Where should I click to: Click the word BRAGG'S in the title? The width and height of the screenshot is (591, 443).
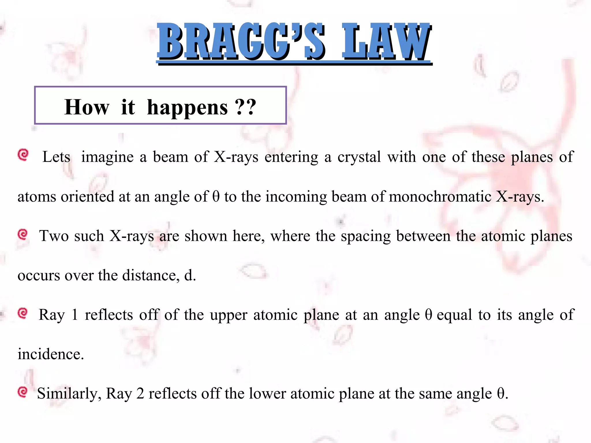(241, 42)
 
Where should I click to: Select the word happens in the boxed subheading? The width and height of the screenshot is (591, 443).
(187, 107)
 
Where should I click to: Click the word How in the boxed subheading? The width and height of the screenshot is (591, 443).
(87, 107)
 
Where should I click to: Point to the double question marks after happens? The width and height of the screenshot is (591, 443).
(245, 107)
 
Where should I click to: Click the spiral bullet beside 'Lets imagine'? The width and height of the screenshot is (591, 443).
(23, 155)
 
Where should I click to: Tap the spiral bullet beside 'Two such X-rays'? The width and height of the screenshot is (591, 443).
(23, 234)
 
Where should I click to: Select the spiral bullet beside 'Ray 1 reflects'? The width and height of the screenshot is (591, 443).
(23, 313)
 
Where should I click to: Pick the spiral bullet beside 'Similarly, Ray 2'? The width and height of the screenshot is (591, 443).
(23, 392)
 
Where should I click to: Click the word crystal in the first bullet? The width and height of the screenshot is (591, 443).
(359, 157)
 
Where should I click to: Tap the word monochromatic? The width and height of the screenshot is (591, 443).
(440, 197)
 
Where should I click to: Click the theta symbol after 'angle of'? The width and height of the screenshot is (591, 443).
(216, 197)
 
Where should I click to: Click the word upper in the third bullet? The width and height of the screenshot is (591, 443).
(229, 315)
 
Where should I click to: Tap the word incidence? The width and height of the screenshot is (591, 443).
(51, 354)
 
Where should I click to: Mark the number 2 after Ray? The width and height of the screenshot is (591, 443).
(140, 394)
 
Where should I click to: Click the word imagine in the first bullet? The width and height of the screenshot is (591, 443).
(107, 157)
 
